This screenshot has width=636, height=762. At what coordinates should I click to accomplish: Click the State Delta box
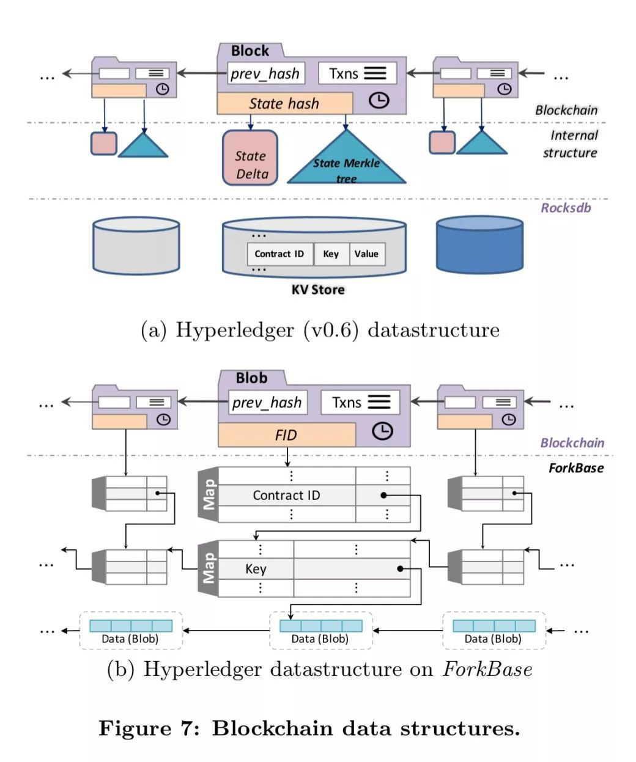250,158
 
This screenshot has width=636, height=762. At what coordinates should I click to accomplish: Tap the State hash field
284,103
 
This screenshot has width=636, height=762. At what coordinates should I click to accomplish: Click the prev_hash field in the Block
265,74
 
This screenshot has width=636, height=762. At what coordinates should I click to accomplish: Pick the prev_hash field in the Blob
267,402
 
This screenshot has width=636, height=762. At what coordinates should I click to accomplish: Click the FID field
286,435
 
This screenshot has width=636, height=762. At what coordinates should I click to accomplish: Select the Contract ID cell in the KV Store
279,254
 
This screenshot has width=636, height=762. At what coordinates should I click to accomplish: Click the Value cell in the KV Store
366,254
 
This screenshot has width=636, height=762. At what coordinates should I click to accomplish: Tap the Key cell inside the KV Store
331,254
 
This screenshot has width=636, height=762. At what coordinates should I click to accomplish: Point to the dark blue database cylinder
479,244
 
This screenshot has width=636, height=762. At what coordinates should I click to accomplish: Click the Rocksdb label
566,208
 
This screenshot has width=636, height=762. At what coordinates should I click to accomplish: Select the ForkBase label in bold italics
575,468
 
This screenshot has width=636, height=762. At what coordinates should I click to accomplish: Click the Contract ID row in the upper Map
286,495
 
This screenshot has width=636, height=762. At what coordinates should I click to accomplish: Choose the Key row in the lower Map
256,569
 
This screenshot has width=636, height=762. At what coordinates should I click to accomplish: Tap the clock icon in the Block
379,100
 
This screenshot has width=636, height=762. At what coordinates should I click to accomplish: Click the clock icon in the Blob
382,431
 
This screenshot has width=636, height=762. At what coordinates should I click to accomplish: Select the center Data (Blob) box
320,631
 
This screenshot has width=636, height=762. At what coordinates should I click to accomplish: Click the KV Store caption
317,290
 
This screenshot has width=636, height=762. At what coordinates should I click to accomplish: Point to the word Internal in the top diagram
574,136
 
